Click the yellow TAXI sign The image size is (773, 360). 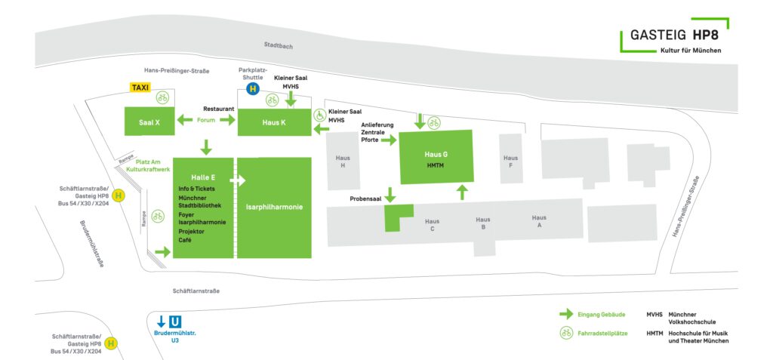tap(140, 88)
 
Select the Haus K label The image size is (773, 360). tap(273, 122)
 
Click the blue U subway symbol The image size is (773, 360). tap(176, 322)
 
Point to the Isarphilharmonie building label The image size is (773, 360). tap(274, 205)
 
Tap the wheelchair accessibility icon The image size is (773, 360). tap(319, 115)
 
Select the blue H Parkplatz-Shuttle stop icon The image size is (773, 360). tap(254, 88)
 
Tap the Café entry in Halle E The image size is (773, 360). tap(186, 240)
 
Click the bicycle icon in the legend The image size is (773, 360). tap(565, 333)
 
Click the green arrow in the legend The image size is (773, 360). tap(565, 314)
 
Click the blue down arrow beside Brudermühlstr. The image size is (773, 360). tap(161, 322)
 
